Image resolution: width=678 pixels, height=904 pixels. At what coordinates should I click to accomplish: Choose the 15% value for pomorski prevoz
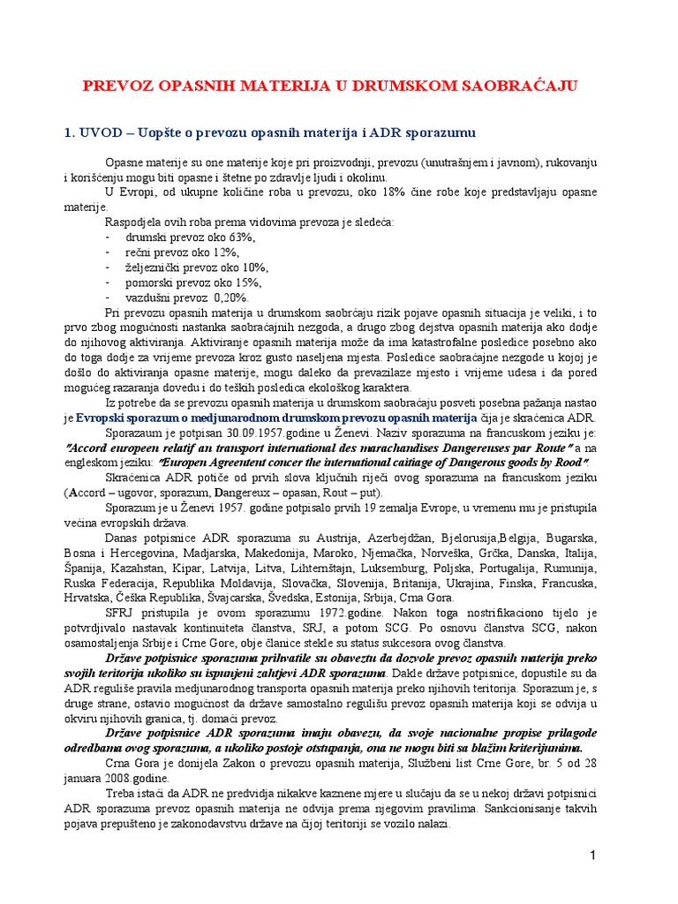[245, 282]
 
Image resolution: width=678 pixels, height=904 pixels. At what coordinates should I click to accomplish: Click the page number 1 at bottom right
[594, 856]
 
